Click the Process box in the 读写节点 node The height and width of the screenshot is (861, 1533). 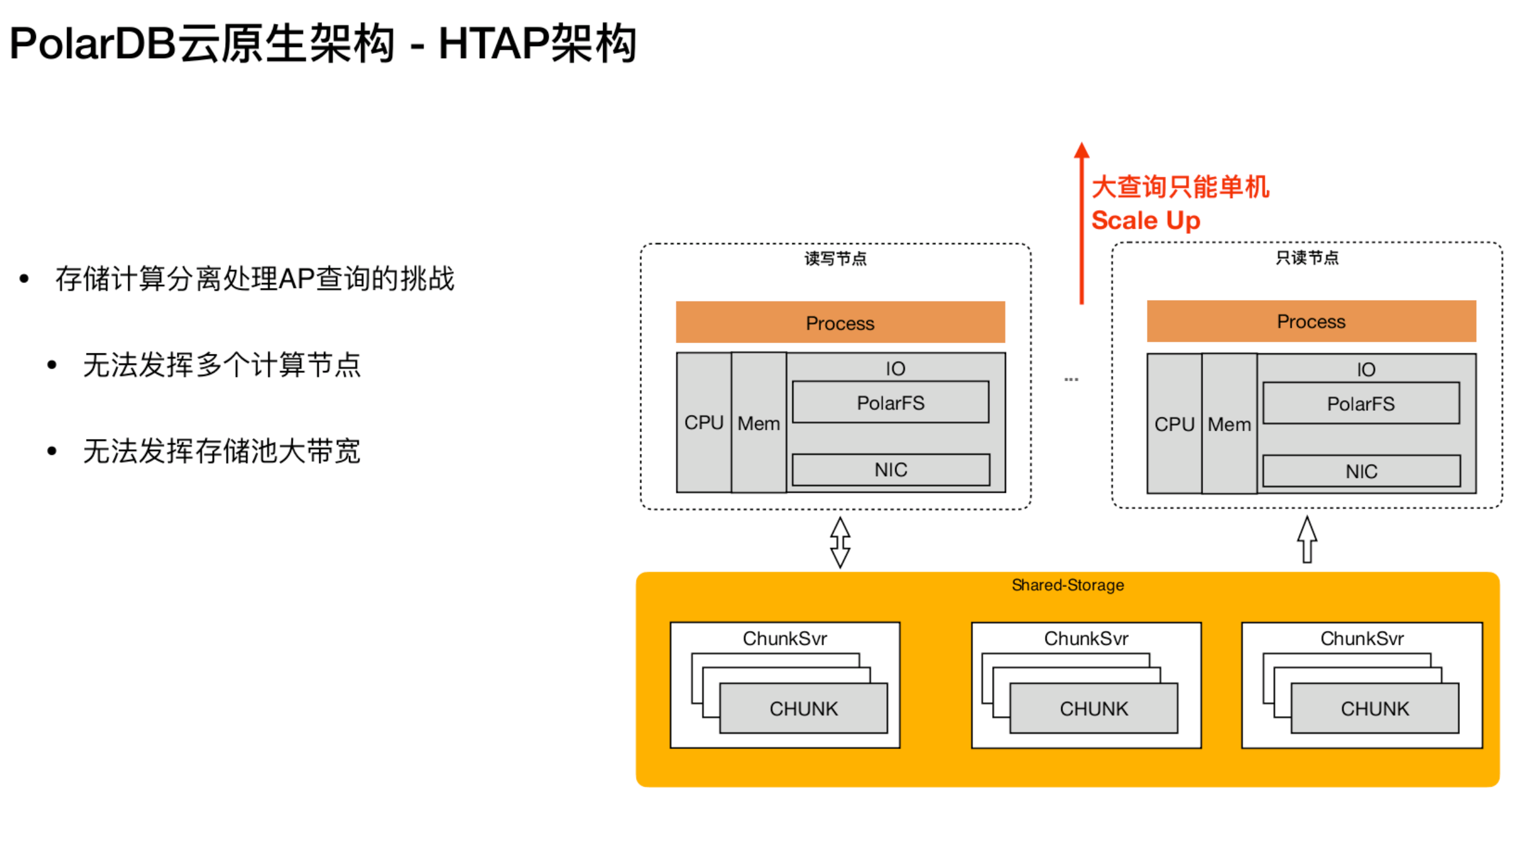(840, 322)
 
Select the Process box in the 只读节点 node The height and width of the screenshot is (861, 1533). (1310, 321)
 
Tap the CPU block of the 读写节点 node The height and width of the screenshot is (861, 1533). (703, 422)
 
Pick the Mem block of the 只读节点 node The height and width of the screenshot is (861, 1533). (1228, 424)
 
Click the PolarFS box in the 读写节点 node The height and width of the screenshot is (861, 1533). (890, 402)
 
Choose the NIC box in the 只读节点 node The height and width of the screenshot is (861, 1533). (1361, 471)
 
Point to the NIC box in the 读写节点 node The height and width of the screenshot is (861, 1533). (890, 469)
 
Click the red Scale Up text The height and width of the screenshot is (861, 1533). (1145, 220)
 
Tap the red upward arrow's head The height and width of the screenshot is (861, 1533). (1081, 150)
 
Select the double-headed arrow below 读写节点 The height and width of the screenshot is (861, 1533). (840, 542)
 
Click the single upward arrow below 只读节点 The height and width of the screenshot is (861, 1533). (1307, 539)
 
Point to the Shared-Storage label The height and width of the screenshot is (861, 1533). (1067, 585)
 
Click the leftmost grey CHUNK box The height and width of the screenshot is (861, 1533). (803, 708)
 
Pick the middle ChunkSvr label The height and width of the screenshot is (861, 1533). (1086, 638)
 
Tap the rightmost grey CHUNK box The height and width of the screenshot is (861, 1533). (1374, 708)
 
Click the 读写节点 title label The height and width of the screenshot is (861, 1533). (835, 259)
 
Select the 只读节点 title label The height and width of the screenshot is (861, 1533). (1307, 257)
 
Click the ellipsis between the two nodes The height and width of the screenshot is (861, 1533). (1071, 379)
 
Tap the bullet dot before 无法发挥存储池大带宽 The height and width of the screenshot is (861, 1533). (52, 451)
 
